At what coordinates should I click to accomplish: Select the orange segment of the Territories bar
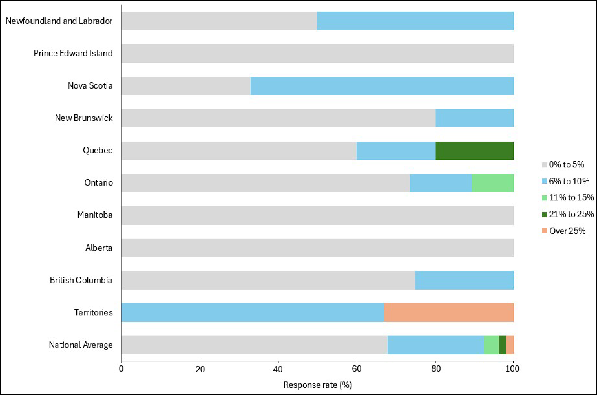(x=449, y=312)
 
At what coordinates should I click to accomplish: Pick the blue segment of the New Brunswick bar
(x=474, y=118)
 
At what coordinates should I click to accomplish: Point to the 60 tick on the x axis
(x=356, y=369)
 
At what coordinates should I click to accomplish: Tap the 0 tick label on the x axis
(x=121, y=369)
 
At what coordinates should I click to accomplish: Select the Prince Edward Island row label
(x=73, y=53)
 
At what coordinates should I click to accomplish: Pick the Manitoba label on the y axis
(x=95, y=215)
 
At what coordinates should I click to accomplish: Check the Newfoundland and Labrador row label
(x=59, y=21)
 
